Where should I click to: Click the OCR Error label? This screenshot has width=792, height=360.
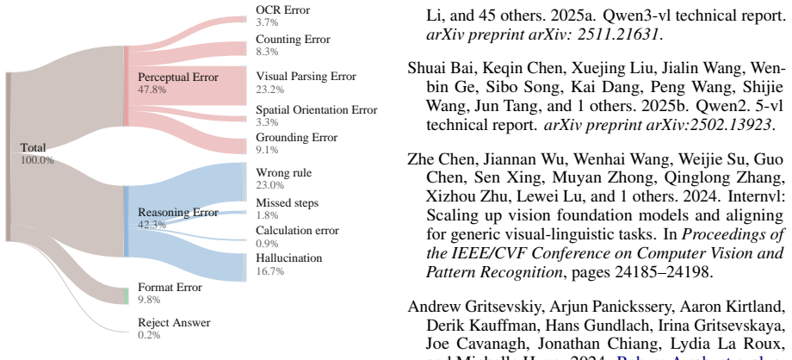pyautogui.click(x=283, y=10)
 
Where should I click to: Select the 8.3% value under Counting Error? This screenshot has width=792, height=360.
pyautogui.click(x=267, y=52)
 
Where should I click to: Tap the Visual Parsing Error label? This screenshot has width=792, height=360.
pyautogui.click(x=306, y=77)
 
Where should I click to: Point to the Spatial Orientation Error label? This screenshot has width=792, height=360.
pyautogui.click(x=317, y=109)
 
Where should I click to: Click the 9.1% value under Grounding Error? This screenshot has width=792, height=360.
pyautogui.click(x=267, y=150)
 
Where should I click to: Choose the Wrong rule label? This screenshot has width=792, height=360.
pyautogui.click(x=284, y=173)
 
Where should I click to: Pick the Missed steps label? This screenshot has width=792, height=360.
pyautogui.click(x=288, y=203)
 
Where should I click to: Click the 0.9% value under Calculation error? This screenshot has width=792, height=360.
pyautogui.click(x=267, y=243)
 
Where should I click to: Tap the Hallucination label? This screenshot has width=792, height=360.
pyautogui.click(x=289, y=258)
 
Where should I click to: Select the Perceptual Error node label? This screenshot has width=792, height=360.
pyautogui.click(x=178, y=78)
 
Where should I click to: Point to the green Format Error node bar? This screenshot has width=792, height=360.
pyautogui.click(x=127, y=295)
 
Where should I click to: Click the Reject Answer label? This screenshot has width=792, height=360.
pyautogui.click(x=174, y=323)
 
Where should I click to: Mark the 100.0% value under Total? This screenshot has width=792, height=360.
pyautogui.click(x=37, y=160)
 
